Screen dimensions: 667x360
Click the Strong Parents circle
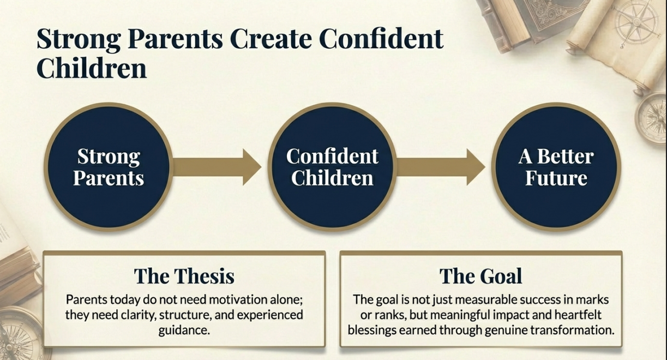[x=109, y=167]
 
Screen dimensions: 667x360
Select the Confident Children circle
[x=332, y=167]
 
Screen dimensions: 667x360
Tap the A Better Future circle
[x=556, y=167]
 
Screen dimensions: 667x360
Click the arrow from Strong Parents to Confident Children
[x=217, y=167]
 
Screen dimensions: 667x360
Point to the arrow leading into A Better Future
[x=441, y=167]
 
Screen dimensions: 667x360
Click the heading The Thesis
[x=184, y=276]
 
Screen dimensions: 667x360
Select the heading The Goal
[x=480, y=276]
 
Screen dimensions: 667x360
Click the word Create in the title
[x=271, y=39]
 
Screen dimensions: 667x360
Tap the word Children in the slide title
[x=92, y=68]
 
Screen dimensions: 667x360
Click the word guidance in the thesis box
[x=184, y=331]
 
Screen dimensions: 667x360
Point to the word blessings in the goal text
[x=372, y=330]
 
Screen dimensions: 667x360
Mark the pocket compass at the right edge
[x=652, y=118]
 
